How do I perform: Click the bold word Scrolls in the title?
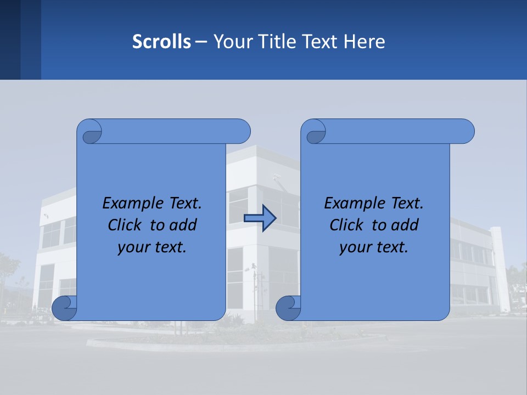click(161, 41)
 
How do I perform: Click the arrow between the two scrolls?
click(260, 218)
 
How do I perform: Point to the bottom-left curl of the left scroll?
click(65, 308)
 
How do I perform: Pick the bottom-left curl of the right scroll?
click(288, 308)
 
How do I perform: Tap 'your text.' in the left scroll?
click(152, 247)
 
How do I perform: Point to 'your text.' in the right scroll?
click(374, 247)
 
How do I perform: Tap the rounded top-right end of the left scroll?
click(242, 131)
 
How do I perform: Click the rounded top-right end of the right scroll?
click(466, 131)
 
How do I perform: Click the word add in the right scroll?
click(405, 225)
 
